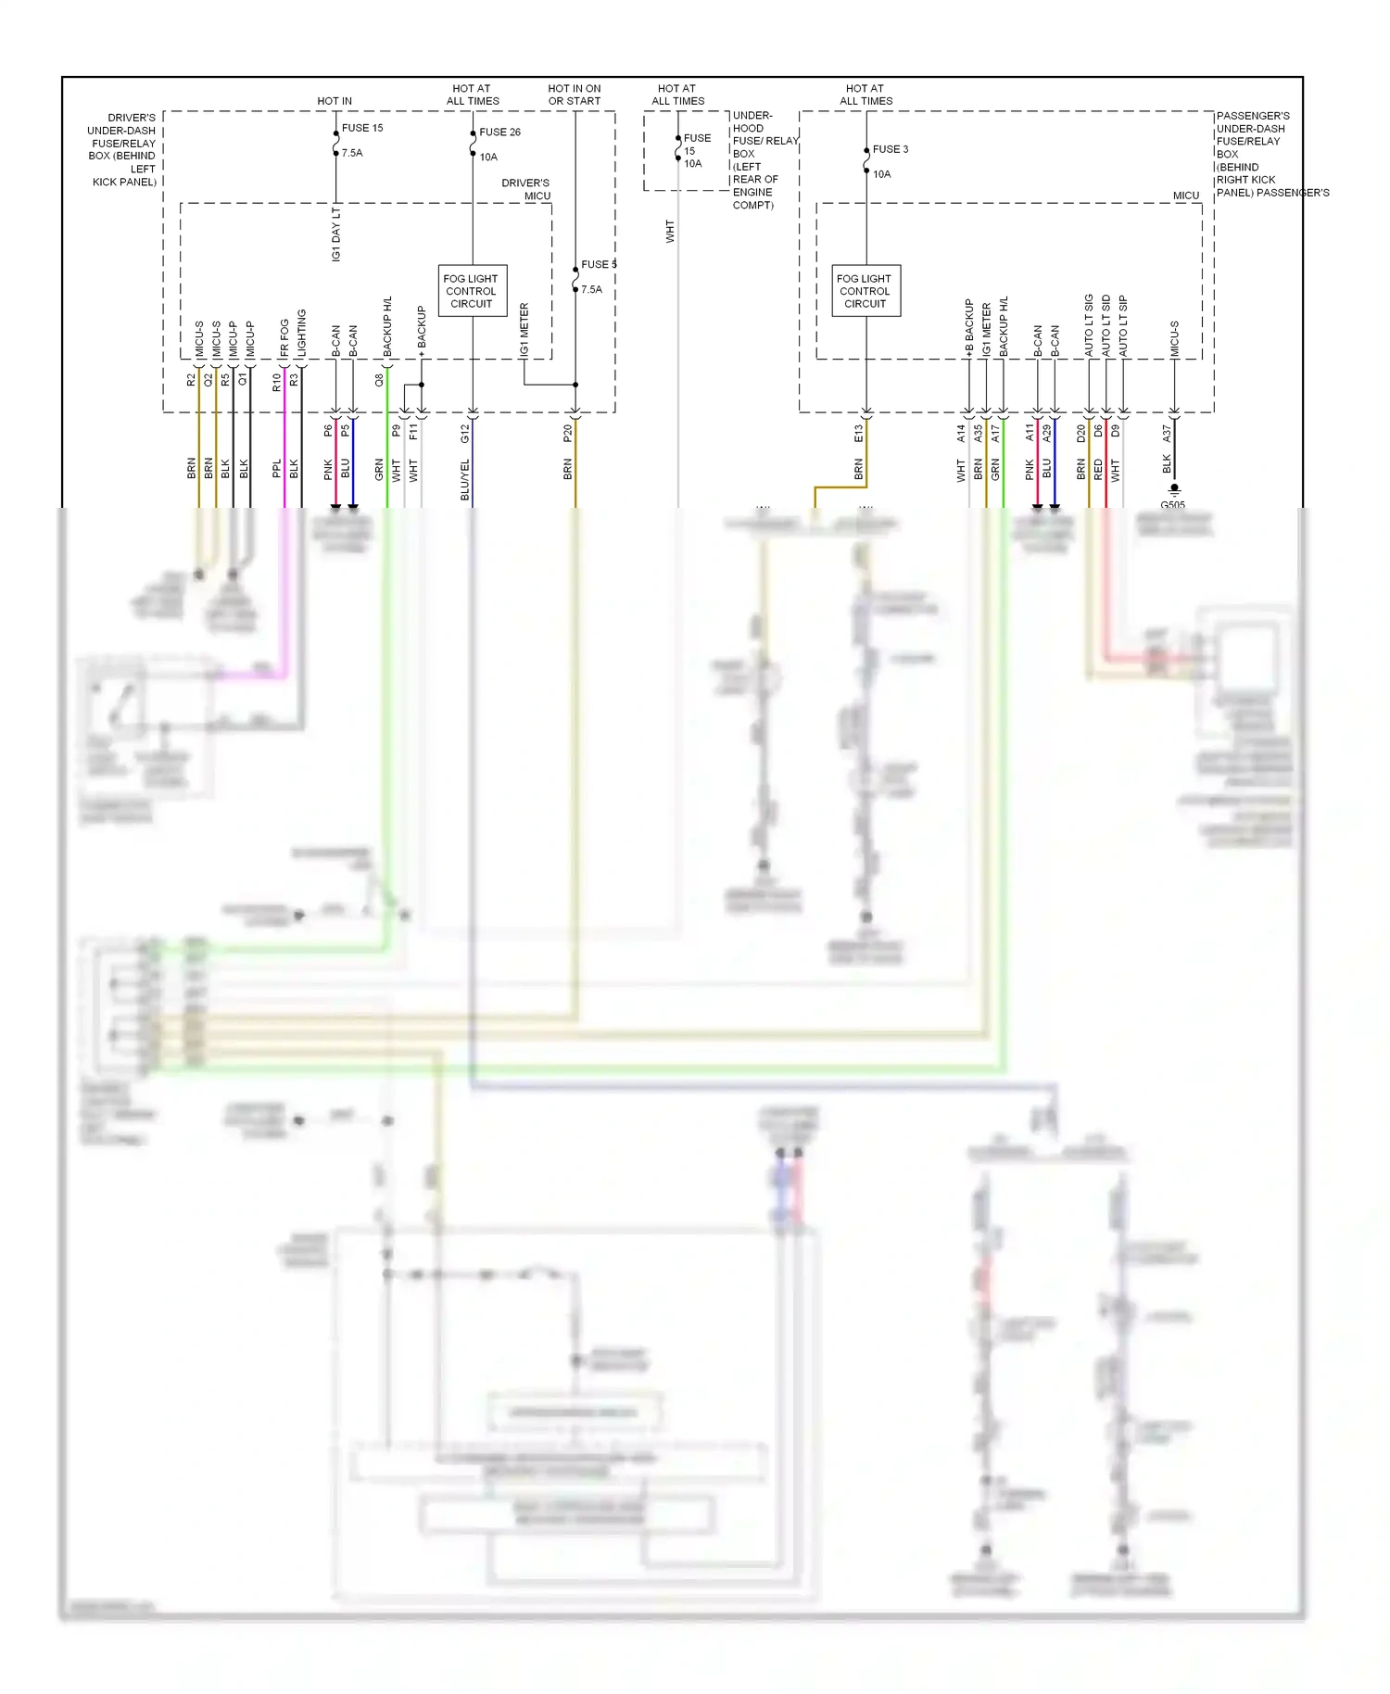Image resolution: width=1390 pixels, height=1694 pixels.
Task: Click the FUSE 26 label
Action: [499, 133]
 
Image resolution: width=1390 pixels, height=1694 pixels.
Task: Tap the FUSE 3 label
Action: [890, 149]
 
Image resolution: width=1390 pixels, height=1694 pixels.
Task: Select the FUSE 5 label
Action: [598, 265]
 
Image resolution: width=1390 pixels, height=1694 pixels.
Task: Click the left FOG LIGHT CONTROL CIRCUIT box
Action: [472, 291]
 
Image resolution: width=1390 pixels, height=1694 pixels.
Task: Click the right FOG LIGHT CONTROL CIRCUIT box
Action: [866, 291]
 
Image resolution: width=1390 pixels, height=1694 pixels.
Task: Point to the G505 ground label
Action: [1172, 505]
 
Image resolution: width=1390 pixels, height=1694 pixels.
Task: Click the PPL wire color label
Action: [276, 469]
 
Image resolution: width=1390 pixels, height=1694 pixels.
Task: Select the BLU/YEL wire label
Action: [465, 479]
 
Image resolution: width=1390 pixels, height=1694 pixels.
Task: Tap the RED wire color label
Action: [1098, 470]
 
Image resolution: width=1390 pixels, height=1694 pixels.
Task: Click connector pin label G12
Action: [465, 433]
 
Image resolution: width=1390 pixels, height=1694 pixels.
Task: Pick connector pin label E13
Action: [859, 433]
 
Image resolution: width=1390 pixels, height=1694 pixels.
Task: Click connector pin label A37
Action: [1167, 433]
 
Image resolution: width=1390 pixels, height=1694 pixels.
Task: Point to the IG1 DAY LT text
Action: [336, 234]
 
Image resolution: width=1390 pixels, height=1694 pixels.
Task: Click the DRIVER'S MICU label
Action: [526, 189]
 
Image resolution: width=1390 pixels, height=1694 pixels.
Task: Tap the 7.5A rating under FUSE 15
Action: [352, 153]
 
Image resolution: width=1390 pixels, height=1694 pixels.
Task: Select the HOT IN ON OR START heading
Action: [574, 95]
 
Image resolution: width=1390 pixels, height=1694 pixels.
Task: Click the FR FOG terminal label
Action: [284, 337]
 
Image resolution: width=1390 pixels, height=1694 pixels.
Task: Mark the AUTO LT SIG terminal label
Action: [1090, 325]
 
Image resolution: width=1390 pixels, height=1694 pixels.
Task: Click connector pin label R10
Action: [276, 382]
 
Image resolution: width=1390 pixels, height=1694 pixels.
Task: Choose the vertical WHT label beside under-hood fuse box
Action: [670, 232]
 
